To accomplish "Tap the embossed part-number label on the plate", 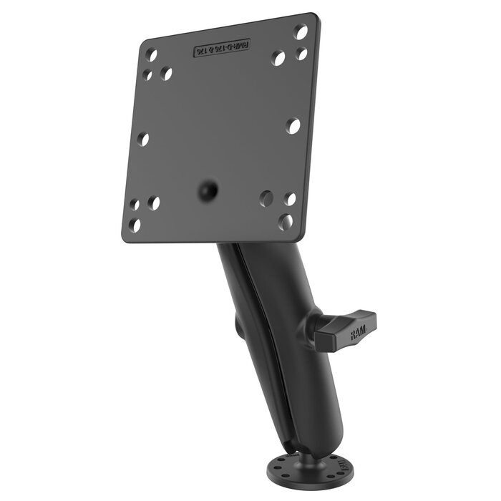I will (222, 49).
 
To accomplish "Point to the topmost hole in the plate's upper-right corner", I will (301, 31).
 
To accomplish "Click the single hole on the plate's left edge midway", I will (143, 139).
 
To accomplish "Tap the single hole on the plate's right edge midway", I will (293, 125).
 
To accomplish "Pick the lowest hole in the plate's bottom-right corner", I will (286, 222).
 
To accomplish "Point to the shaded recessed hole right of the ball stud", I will (266, 196).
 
